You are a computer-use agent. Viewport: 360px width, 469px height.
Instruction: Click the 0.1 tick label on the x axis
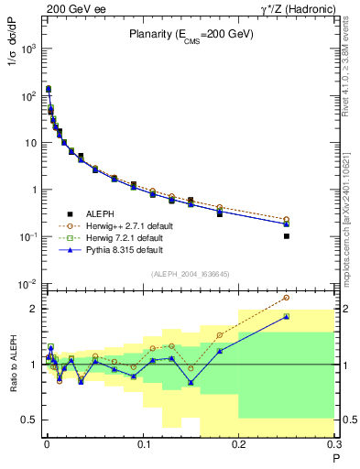142,444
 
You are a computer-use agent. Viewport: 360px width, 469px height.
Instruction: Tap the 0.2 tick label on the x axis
238,444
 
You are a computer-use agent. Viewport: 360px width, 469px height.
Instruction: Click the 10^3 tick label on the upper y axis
27,48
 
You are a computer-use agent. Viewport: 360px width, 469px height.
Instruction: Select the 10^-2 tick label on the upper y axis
27,285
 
